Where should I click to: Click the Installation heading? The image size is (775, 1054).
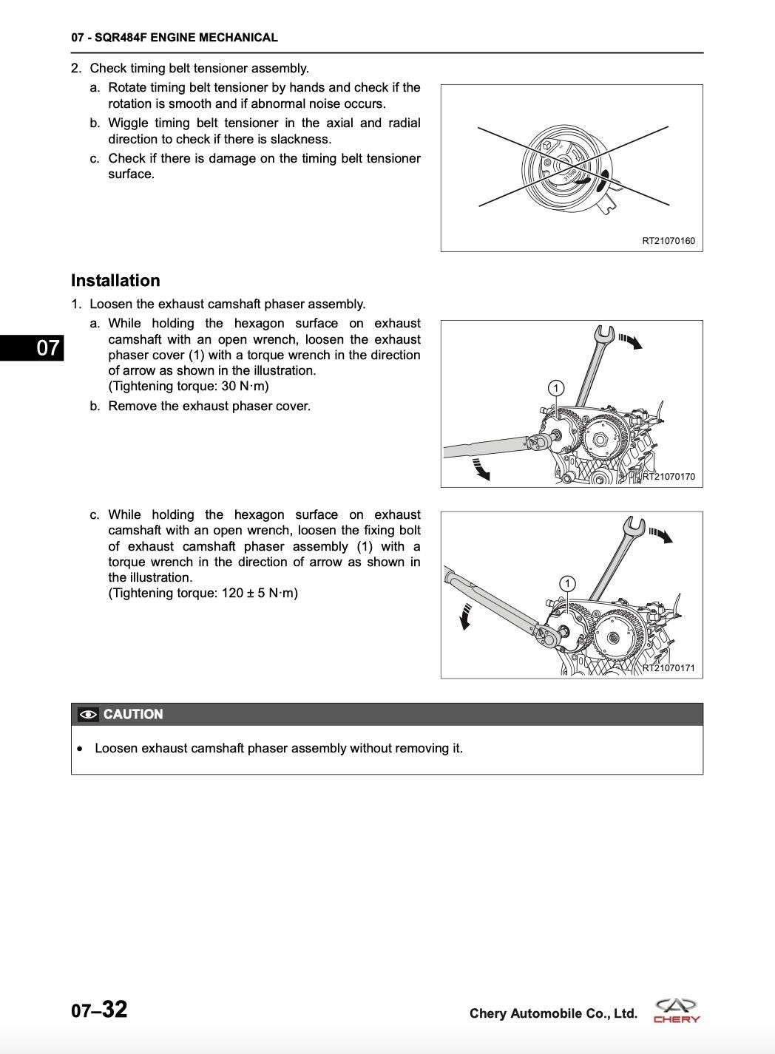click(x=115, y=281)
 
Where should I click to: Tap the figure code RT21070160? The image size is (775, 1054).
click(x=668, y=241)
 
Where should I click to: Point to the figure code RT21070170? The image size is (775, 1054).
click(x=669, y=477)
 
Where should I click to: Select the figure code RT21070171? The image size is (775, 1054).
click(x=669, y=668)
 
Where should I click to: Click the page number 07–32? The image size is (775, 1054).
click(x=99, y=1010)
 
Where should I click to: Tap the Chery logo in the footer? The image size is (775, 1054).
click(x=677, y=1010)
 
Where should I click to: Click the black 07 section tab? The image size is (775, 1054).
click(x=33, y=347)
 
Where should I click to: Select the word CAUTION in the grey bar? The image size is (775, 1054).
click(x=133, y=715)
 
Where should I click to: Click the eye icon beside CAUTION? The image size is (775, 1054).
click(x=88, y=715)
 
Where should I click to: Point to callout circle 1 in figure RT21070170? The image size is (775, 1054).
click(x=555, y=388)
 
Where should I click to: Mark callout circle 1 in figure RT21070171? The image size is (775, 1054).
click(x=566, y=584)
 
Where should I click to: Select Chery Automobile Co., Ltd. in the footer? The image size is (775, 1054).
click(x=553, y=1014)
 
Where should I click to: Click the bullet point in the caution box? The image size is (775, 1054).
click(x=80, y=749)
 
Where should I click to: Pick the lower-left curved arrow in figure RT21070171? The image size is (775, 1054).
click(x=466, y=615)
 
